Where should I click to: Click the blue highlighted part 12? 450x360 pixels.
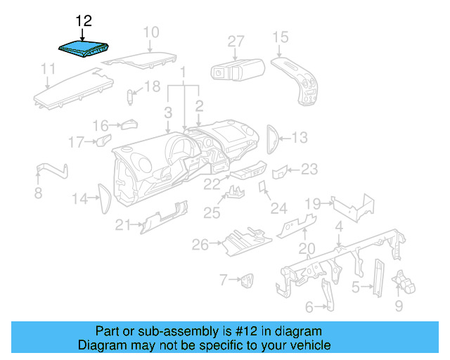pyautogui.click(x=84, y=49)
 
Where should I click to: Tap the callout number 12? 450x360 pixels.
pyautogui.click(x=83, y=20)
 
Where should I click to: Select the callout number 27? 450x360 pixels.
pyautogui.click(x=235, y=41)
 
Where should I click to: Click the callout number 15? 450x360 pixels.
pyautogui.click(x=280, y=37)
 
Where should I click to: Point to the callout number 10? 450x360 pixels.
pyautogui.click(x=151, y=32)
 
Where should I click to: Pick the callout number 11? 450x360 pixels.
pyautogui.click(x=48, y=69)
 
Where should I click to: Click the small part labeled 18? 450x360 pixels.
pyautogui.click(x=131, y=96)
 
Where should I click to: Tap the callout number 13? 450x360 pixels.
pyautogui.click(x=300, y=138)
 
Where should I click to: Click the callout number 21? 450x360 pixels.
pyautogui.click(x=124, y=224)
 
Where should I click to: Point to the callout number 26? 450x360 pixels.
pyautogui.click(x=200, y=244)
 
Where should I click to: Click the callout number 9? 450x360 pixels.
pyautogui.click(x=399, y=306)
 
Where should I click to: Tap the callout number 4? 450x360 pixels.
pyautogui.click(x=339, y=226)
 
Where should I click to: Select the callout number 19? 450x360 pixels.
pyautogui.click(x=313, y=203)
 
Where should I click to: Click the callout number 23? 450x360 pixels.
pyautogui.click(x=309, y=169)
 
